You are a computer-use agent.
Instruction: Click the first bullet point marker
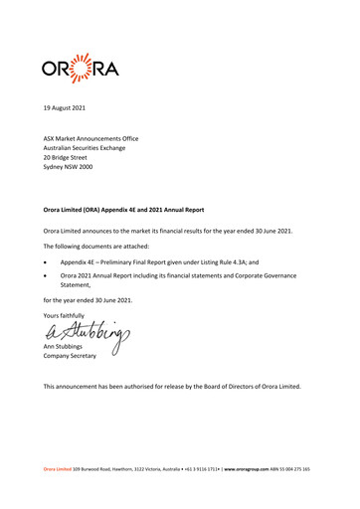coord(45,263)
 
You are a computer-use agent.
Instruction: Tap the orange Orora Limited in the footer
coord(72,467)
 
